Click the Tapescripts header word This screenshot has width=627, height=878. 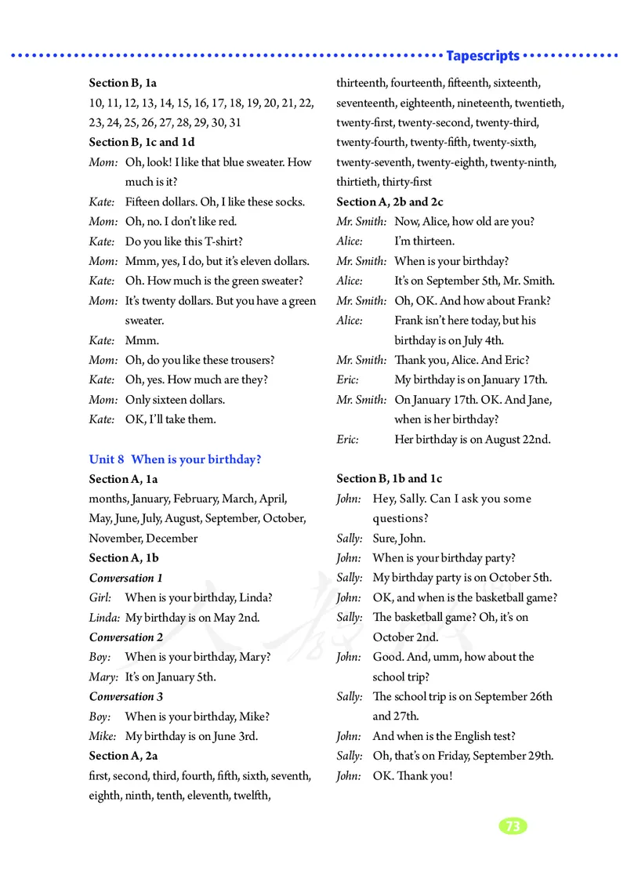click(482, 56)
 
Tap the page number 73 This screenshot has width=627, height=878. click(513, 826)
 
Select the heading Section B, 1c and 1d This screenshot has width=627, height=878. click(142, 142)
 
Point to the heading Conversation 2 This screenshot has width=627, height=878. click(126, 637)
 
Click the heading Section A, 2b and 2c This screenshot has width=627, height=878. click(390, 201)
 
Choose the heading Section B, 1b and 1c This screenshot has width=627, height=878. click(390, 478)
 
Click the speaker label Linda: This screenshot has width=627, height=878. click(104, 617)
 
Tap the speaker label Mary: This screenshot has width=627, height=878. click(103, 677)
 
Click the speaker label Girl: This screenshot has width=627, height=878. click(100, 597)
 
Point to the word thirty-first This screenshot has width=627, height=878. click(407, 182)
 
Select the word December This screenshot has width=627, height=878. click(172, 538)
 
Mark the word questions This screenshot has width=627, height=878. click(400, 518)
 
